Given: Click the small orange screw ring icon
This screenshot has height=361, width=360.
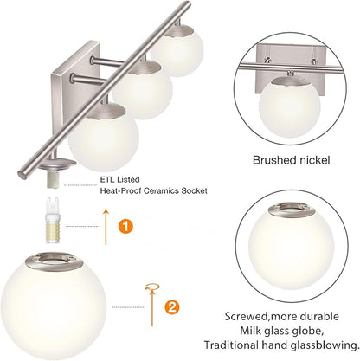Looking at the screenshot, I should click(152, 285).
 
